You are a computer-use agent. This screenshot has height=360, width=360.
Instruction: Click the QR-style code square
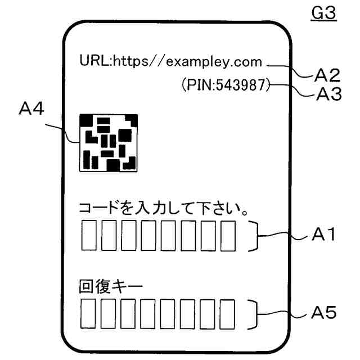[108, 142]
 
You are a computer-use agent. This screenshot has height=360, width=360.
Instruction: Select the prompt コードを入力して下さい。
[164, 209]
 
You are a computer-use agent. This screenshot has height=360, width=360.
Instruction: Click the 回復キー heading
[111, 287]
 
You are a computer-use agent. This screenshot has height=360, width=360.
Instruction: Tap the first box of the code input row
[89, 236]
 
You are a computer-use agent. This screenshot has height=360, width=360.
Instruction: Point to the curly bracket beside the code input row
[255, 236]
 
